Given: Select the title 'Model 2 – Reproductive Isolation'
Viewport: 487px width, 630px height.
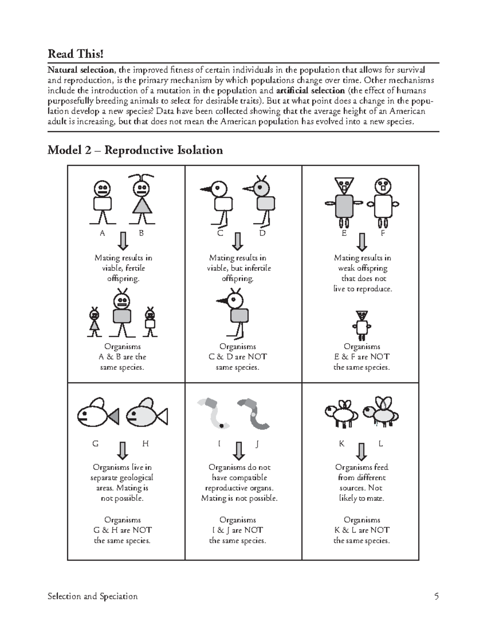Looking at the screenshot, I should point(135,150).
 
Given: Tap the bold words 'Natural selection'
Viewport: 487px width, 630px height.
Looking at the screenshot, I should point(81,70).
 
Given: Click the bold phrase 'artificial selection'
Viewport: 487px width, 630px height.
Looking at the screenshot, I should point(310,90).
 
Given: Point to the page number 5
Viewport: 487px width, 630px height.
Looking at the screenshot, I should point(436,596).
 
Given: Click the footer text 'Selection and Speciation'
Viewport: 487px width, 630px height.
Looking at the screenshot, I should point(93,596).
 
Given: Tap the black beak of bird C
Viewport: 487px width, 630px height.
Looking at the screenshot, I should point(207,189).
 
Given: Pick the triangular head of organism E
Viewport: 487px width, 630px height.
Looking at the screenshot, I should point(345,184).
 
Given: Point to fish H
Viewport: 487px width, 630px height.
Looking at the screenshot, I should point(147,414).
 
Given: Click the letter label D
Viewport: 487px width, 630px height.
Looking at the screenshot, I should point(262,233).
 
